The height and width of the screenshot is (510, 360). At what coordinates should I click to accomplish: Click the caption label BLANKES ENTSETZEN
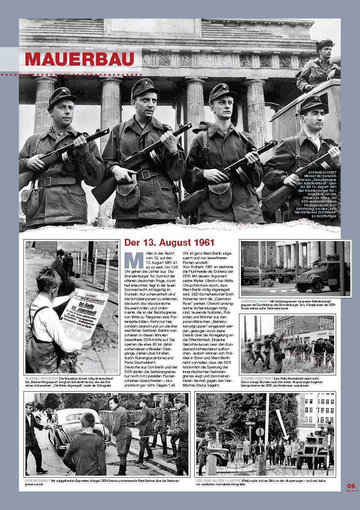point(41,378)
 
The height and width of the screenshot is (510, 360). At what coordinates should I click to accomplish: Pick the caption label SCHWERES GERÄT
point(254,300)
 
